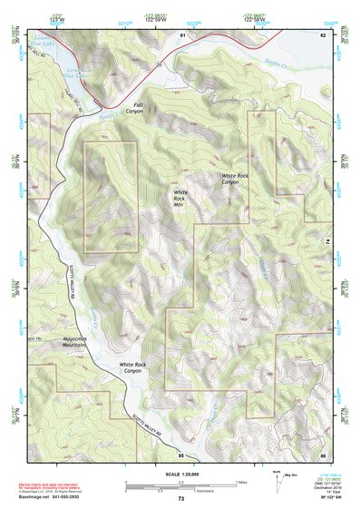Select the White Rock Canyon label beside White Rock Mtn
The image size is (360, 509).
234,179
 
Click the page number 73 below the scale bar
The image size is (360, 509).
180,499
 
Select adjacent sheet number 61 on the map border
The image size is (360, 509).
182,34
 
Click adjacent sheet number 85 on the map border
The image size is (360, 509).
180,454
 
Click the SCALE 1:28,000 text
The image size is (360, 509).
180,474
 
